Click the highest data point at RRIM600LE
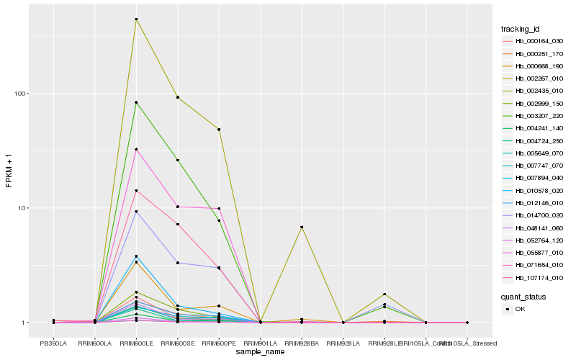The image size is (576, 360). [136, 19]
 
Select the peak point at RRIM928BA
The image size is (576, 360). [302, 227]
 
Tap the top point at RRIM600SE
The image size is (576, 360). [177, 97]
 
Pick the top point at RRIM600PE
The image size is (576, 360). [219, 130]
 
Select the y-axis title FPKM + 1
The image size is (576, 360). [9, 171]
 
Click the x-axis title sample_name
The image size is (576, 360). [259, 351]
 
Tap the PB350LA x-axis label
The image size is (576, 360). [53, 343]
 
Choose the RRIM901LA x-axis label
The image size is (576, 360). [260, 343]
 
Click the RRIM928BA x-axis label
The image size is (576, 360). [302, 343]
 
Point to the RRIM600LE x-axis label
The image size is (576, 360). [136, 343]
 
